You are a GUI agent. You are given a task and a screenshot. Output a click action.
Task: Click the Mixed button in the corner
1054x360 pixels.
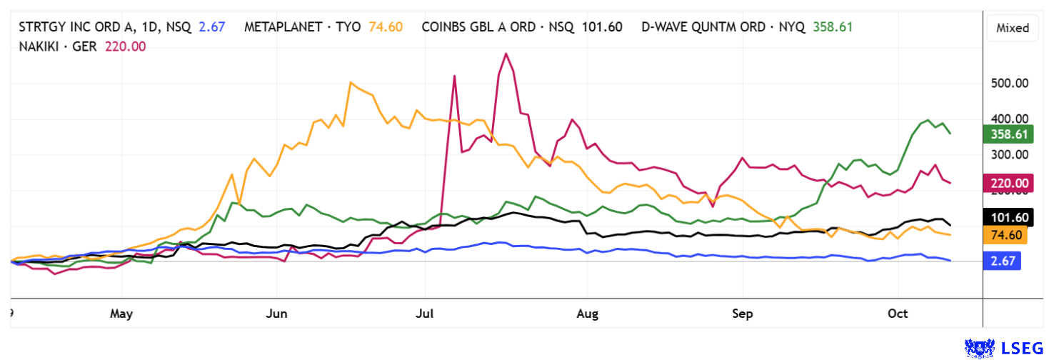click(1013, 28)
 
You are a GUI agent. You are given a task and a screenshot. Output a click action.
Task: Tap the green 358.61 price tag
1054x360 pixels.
click(1006, 134)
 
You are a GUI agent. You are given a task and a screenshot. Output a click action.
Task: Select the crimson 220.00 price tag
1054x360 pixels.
click(1006, 184)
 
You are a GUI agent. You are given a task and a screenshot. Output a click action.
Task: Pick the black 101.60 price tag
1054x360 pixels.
click(1006, 217)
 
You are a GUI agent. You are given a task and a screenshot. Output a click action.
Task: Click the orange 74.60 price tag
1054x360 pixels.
click(1006, 234)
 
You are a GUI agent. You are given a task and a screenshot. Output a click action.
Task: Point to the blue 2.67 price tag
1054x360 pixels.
click(1006, 261)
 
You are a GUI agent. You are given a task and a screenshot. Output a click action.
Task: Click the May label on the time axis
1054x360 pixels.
click(122, 314)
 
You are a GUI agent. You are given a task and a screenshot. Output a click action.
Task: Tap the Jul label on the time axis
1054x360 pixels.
click(425, 314)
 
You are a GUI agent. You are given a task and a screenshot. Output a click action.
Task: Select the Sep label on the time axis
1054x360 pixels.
click(743, 314)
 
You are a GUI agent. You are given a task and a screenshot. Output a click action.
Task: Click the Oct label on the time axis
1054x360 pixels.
click(898, 314)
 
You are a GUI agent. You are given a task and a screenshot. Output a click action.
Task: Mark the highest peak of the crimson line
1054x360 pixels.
click(506, 54)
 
